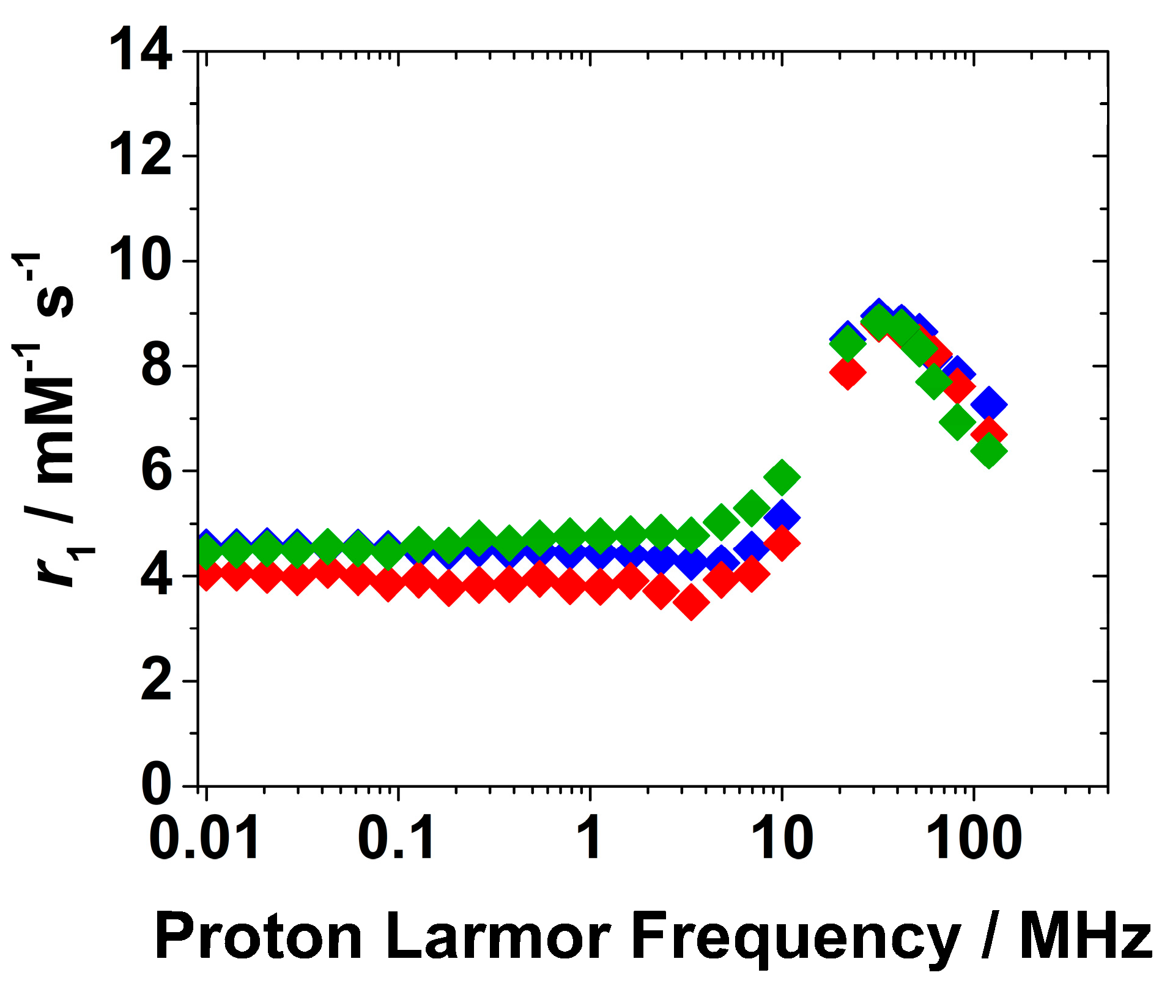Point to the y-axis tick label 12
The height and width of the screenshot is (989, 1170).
[141, 156]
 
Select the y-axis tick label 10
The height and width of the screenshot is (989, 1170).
[141, 262]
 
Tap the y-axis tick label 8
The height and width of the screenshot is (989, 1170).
[157, 366]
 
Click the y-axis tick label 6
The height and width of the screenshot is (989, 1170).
[157, 471]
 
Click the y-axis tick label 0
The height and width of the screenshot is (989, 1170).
[157, 785]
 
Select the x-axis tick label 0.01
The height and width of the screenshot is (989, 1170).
[205, 839]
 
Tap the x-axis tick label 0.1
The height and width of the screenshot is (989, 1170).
[398, 839]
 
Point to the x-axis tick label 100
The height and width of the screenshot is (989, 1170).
[974, 839]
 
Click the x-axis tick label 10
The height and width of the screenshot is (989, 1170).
[782, 839]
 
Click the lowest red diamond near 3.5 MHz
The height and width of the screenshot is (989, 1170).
[691, 602]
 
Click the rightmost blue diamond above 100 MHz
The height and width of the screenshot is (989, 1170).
[989, 404]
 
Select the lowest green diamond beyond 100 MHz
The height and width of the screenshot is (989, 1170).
[989, 452]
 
